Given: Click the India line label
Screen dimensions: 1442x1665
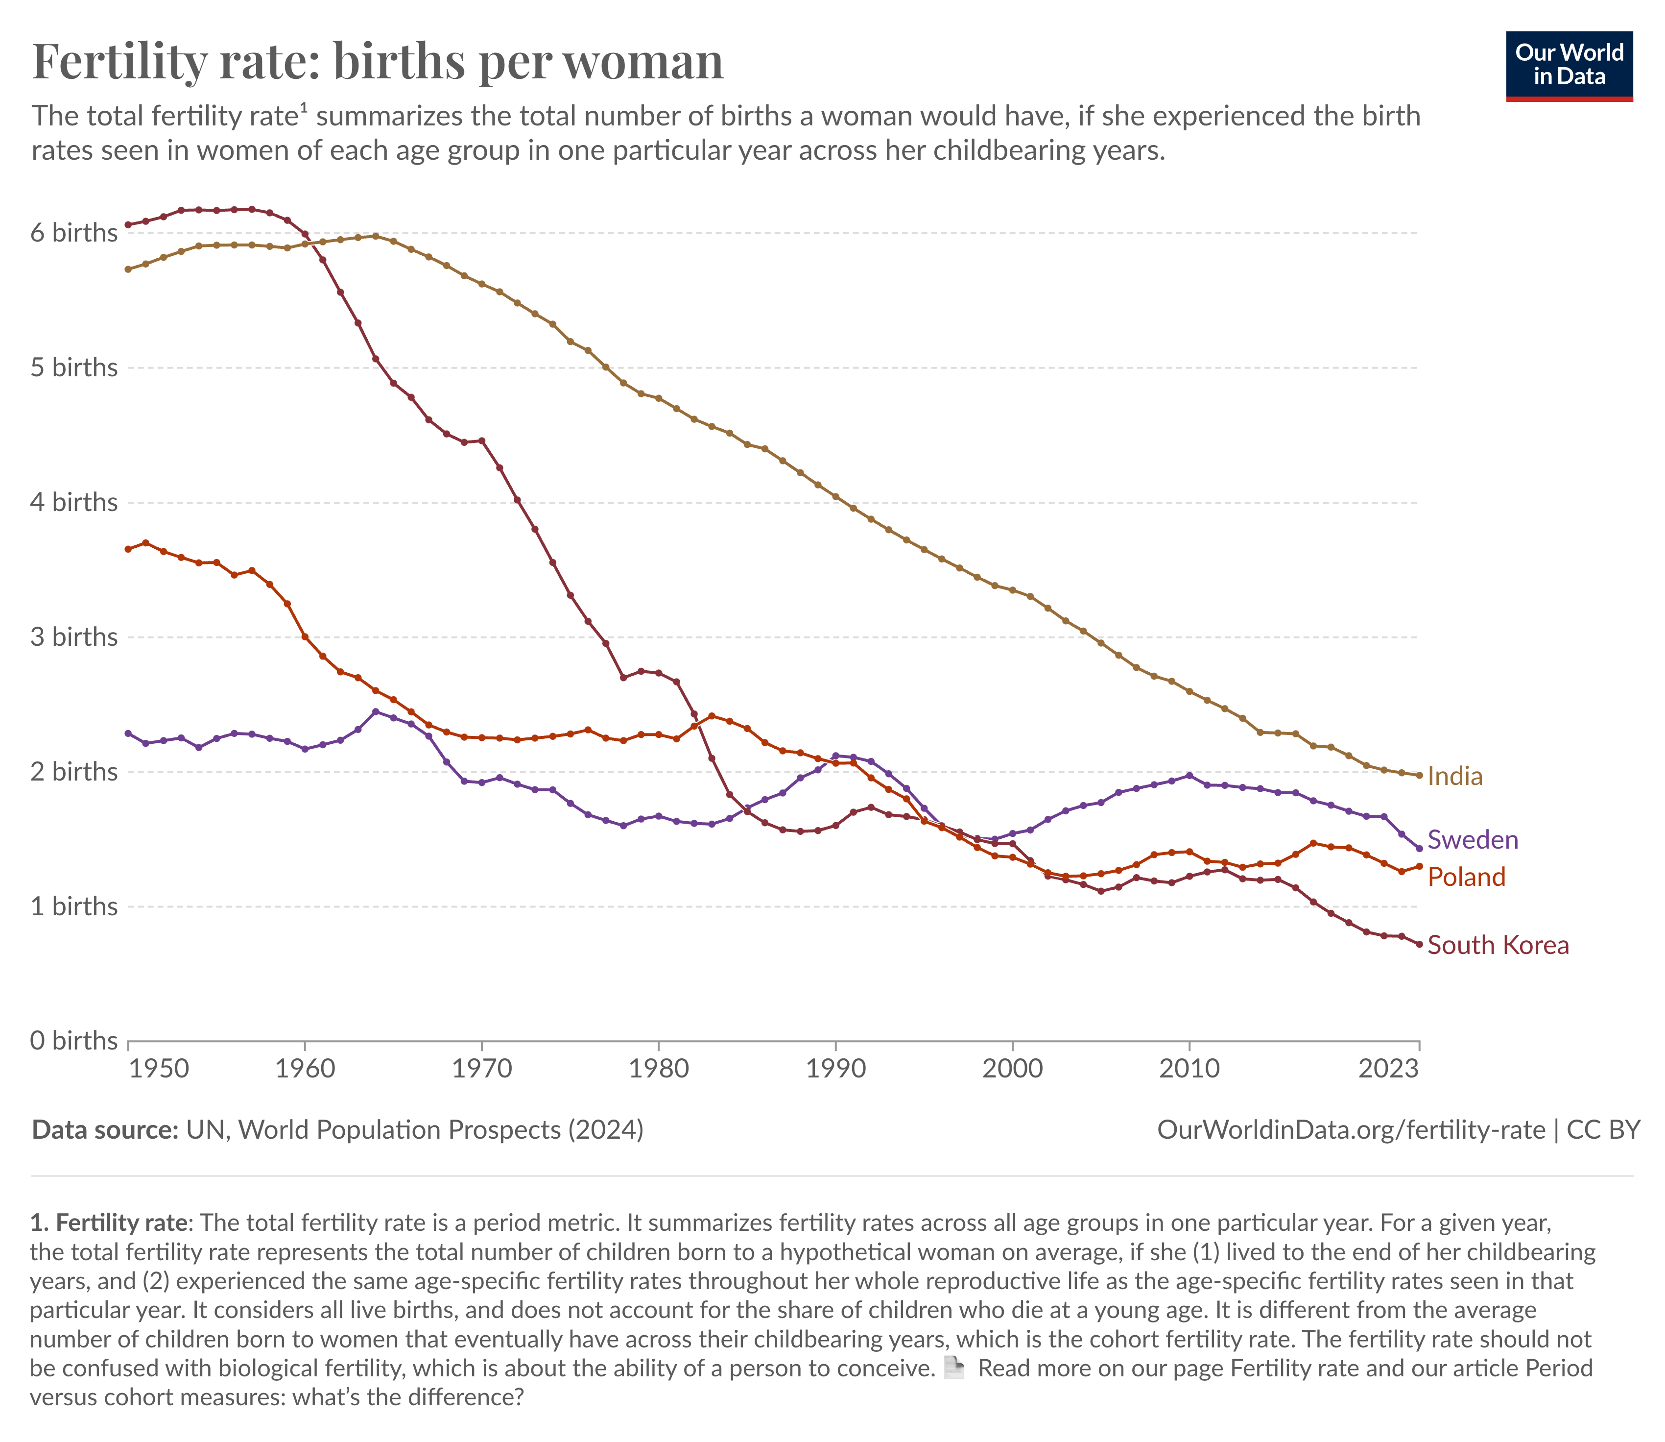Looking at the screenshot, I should (x=1454, y=777).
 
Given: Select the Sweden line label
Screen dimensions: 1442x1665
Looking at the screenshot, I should (x=1472, y=840).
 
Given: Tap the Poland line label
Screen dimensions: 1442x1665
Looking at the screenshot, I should (x=1466, y=877).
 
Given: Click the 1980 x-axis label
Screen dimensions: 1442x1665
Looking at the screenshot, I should (x=659, y=1070).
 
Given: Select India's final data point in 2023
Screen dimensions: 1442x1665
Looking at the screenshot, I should (x=1419, y=776).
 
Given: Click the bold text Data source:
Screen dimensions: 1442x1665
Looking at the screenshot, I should (x=105, y=1130).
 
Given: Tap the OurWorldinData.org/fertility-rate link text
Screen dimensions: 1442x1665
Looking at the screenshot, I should (x=1351, y=1130).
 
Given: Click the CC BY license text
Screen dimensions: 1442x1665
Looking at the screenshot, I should (x=1603, y=1130).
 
